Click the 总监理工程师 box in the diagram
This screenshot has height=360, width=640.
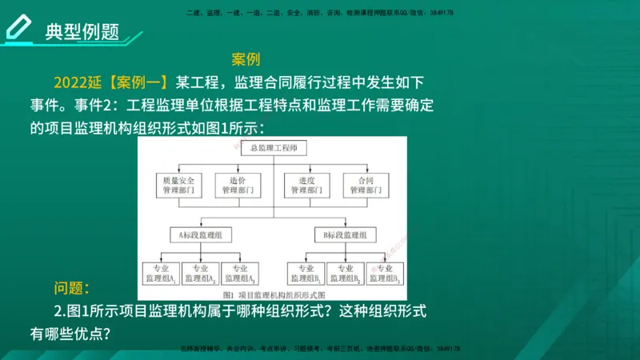(x=272, y=148)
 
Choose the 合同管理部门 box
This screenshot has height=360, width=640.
(x=365, y=185)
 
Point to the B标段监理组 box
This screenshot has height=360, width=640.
(x=345, y=235)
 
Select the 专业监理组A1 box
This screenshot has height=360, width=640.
(x=160, y=273)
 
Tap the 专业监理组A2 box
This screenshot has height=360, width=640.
(x=200, y=273)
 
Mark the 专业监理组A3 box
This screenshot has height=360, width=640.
(x=240, y=273)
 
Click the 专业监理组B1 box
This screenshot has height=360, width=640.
(x=306, y=273)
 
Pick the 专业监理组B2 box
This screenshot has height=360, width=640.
(x=345, y=273)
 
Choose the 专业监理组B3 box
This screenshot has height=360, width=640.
(x=385, y=273)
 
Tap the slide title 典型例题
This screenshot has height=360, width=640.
(x=82, y=31)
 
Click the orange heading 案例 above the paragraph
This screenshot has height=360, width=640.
(x=246, y=60)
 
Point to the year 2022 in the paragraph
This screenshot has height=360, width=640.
(x=72, y=82)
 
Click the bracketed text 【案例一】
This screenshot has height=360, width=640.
(x=138, y=82)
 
